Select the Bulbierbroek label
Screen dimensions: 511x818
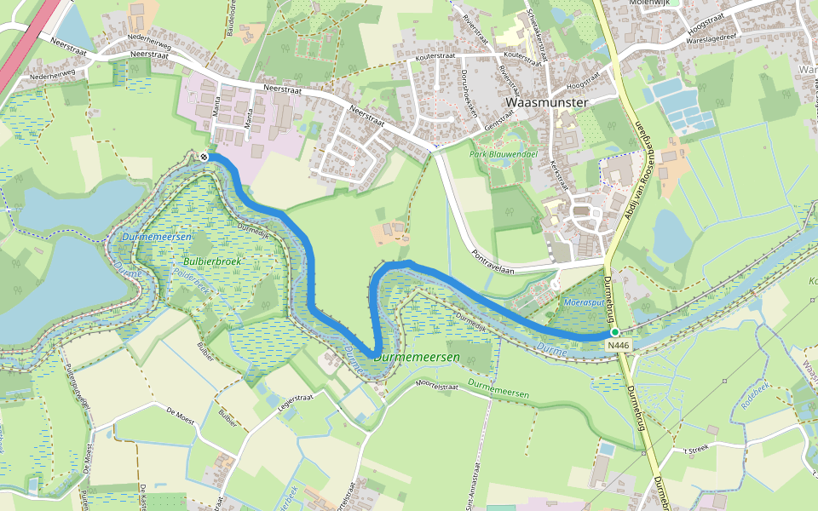tap(212, 261)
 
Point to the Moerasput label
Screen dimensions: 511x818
tap(585, 302)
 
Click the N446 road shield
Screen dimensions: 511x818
tap(620, 344)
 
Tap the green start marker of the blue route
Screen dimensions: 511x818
tap(614, 331)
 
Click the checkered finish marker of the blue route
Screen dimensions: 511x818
tap(204, 156)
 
